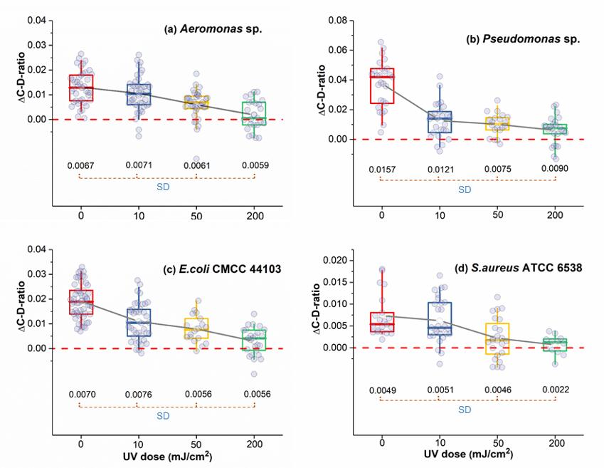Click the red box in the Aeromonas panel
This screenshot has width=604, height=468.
81,88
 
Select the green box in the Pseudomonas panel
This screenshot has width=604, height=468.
555,129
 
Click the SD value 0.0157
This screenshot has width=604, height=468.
382,170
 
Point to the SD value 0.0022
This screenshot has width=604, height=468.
554,390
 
